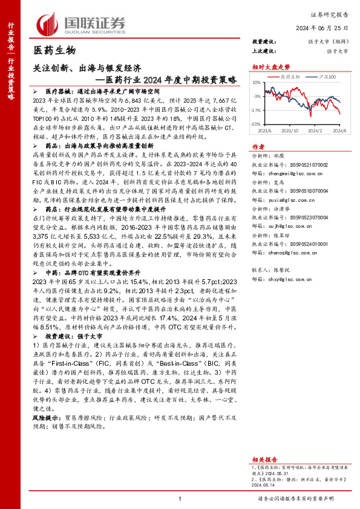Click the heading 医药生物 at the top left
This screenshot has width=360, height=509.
[x=54, y=50]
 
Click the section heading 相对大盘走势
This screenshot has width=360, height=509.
[x=268, y=66]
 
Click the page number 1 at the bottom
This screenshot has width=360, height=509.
[x=180, y=498]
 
